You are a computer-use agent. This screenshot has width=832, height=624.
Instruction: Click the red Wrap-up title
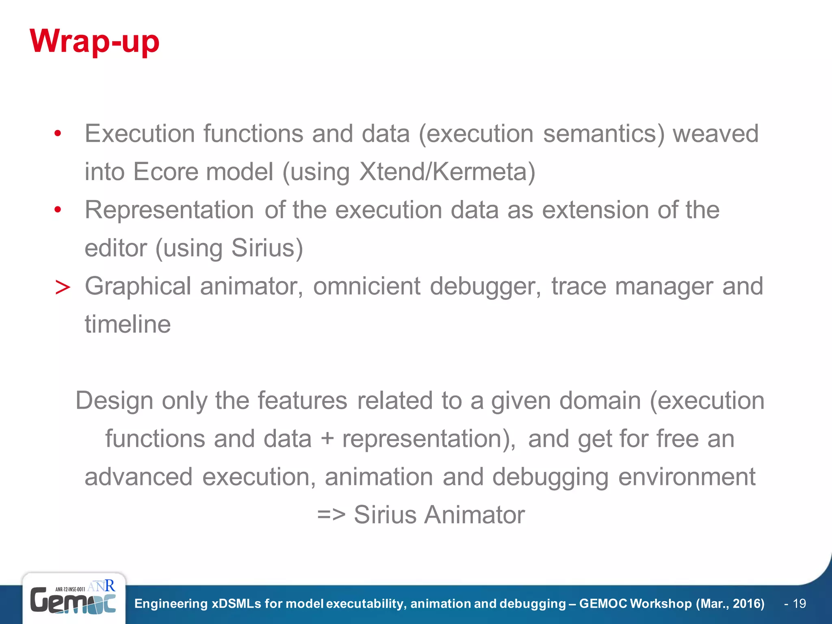(94, 42)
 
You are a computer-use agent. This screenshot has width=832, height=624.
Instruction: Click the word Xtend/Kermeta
(447, 172)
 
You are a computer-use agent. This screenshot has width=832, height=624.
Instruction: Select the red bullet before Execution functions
(58, 134)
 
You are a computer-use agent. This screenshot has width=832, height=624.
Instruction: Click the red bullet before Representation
(58, 210)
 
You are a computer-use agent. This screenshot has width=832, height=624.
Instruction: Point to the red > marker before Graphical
(63, 288)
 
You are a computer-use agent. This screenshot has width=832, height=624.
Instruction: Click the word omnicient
(366, 286)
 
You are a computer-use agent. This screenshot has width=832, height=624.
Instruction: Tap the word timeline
(128, 325)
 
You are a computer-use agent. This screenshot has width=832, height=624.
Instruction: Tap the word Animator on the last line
(474, 515)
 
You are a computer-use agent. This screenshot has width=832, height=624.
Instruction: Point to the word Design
(114, 401)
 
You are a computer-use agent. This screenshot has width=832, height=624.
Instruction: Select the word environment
(687, 477)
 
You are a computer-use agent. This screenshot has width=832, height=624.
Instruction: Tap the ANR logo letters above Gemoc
(101, 585)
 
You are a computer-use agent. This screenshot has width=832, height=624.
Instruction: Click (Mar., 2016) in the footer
(730, 604)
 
